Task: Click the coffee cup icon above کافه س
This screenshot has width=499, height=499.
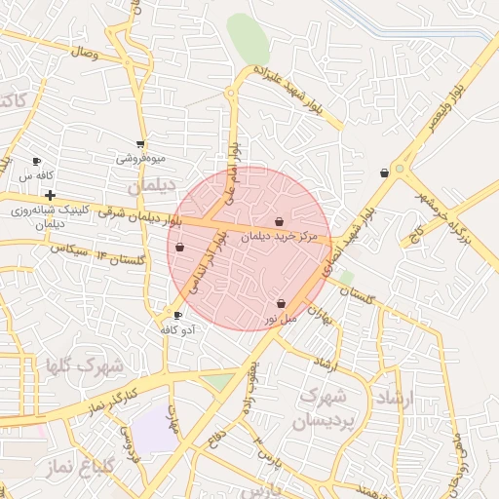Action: click(37, 162)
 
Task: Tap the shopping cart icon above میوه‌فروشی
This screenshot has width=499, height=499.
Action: click(141, 144)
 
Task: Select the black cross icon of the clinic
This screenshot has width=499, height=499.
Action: click(50, 196)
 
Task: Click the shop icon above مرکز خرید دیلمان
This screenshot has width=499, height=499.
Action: click(280, 222)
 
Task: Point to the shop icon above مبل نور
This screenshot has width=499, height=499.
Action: click(282, 304)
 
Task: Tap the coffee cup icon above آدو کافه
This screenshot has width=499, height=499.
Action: click(177, 315)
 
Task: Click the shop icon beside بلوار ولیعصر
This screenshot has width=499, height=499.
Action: click(385, 173)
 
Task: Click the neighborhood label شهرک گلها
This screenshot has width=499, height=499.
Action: click(86, 367)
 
